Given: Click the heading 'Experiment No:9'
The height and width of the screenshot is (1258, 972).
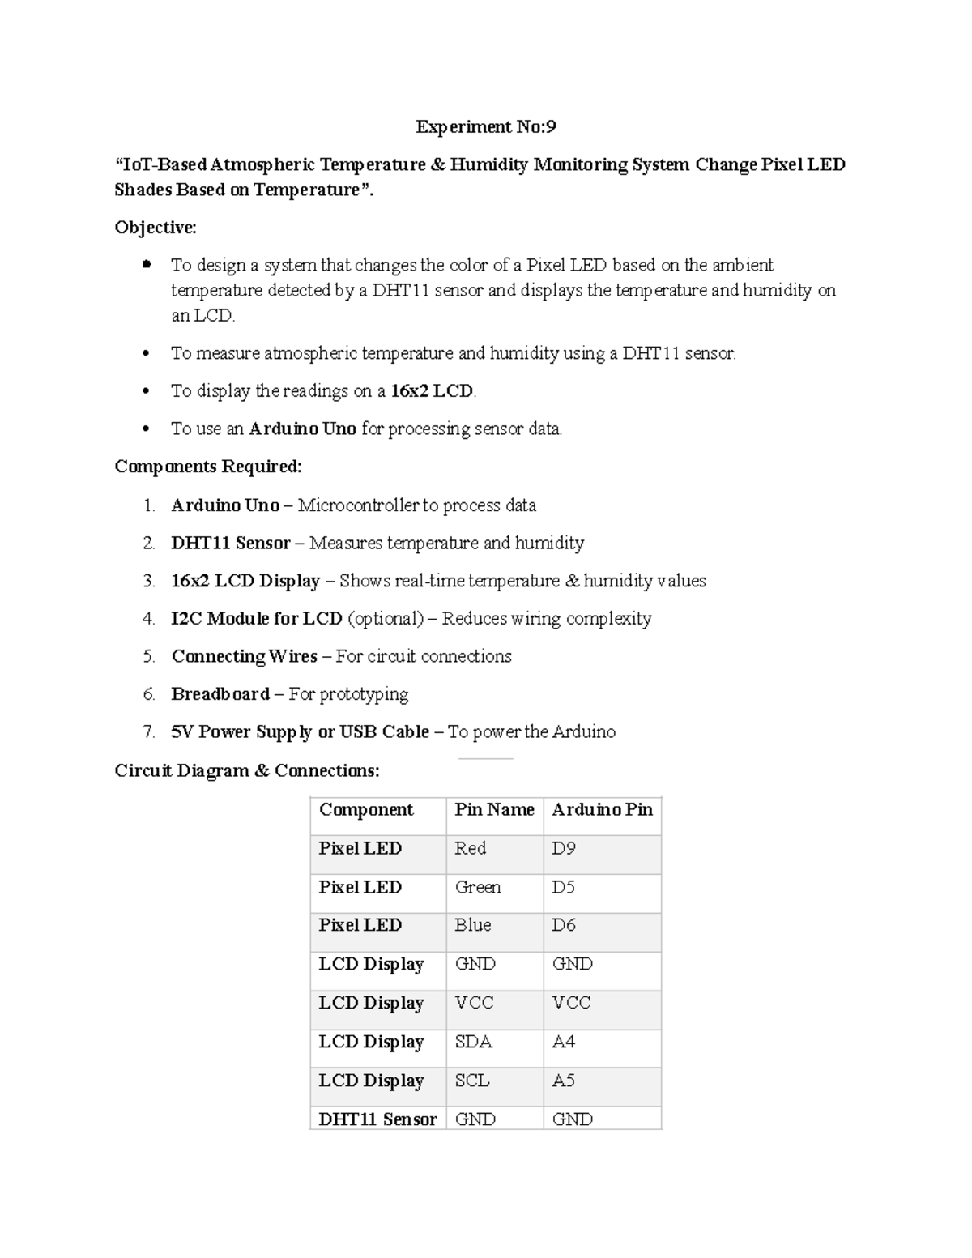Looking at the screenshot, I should point(485,126).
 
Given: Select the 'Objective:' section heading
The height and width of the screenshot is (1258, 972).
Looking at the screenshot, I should point(156,228).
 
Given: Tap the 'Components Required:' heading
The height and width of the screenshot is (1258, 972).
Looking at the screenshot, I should point(208,467).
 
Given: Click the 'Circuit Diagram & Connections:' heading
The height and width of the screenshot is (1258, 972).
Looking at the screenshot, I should point(246,770).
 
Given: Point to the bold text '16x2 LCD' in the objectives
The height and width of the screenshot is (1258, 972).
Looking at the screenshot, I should point(432,391).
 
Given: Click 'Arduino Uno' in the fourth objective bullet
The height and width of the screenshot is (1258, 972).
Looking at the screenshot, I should point(302,429).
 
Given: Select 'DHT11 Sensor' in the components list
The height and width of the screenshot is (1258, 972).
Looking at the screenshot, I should point(231,544).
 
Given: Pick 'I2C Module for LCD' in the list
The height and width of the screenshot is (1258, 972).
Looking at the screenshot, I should point(257,619).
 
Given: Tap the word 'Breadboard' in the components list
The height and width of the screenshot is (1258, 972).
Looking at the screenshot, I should point(220,694).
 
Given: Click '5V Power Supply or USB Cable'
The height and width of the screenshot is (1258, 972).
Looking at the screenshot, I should point(300,732).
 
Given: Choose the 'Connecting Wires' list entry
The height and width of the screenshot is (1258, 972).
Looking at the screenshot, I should point(244,657).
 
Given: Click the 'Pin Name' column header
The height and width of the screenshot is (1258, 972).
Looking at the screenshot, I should point(494,809).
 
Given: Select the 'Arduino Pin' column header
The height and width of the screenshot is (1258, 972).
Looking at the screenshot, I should point(602,809).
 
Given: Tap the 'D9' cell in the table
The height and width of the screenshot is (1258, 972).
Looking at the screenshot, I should point(564,848).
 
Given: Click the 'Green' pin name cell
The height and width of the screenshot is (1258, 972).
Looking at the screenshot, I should point(478,887).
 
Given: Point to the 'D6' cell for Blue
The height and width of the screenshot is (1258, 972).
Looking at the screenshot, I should point(564,925).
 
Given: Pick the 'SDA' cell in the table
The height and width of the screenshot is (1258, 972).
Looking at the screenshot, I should point(474,1042).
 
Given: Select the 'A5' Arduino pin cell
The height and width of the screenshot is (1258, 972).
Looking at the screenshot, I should point(564,1081).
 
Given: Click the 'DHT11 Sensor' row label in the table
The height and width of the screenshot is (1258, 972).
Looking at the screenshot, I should point(377,1119).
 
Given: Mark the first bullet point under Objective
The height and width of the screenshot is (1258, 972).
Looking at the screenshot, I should point(147,264).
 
